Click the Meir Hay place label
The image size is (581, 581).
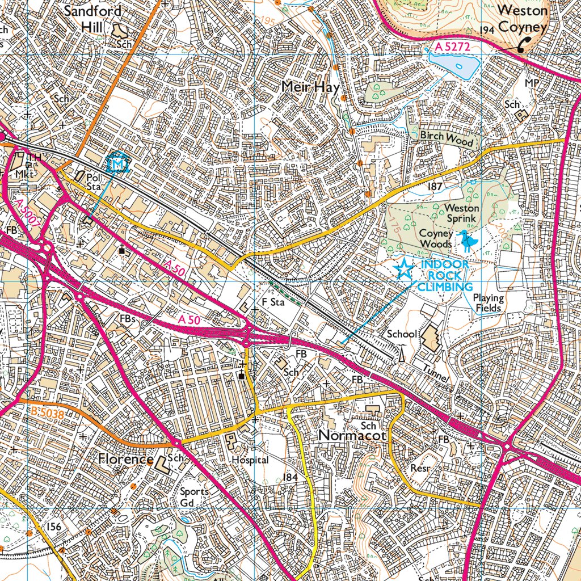310,87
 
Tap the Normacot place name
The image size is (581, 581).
352,436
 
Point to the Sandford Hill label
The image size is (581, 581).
92,18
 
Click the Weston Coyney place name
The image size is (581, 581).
523,18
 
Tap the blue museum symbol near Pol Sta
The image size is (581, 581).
118,163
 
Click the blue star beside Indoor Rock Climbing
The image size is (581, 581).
403,269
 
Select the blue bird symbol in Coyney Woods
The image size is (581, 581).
466,241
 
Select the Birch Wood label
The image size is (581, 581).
447,138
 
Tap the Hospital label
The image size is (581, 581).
250,460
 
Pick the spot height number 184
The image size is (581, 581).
289,478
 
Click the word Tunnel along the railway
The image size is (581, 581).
436,374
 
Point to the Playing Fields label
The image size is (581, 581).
488,302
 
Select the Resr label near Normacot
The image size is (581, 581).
422,468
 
